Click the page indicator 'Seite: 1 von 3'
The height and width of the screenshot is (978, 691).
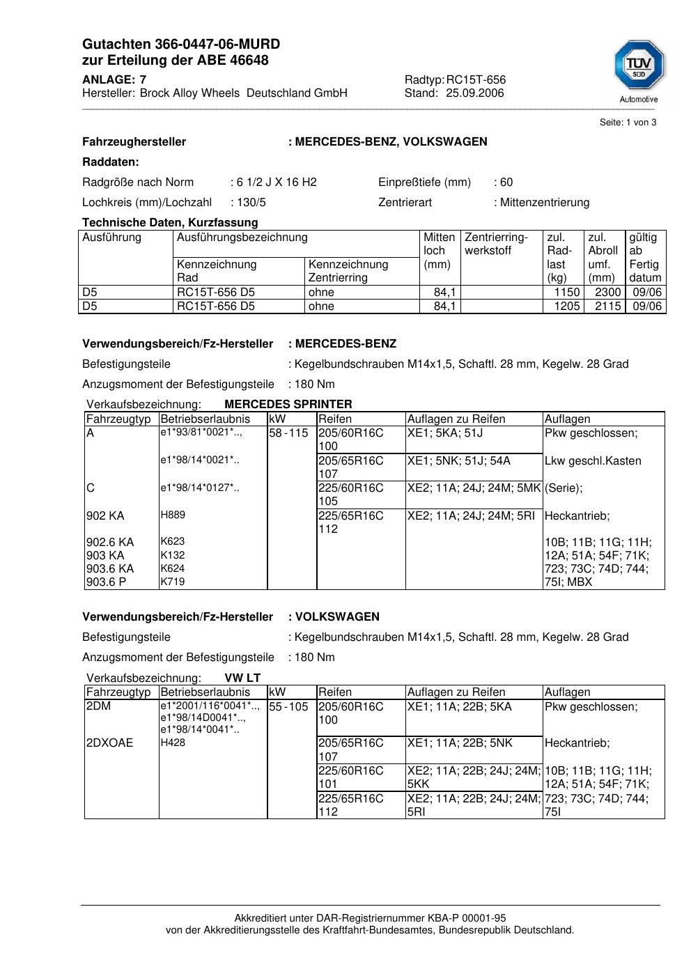[x=628, y=123]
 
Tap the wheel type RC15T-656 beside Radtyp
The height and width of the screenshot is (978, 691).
[x=476, y=80]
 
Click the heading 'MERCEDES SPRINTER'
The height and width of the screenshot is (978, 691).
[x=288, y=404]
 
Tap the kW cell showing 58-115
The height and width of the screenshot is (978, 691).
[x=288, y=433]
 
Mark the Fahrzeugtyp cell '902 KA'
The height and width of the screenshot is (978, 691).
[x=105, y=516]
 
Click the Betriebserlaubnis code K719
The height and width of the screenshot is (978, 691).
[x=173, y=582]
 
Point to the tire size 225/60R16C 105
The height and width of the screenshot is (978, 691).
[x=351, y=495]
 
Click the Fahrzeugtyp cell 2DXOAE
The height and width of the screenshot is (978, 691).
[x=109, y=743]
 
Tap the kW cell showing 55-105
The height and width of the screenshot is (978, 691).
[x=288, y=707]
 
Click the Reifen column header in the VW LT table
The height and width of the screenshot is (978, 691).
[x=335, y=692]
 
